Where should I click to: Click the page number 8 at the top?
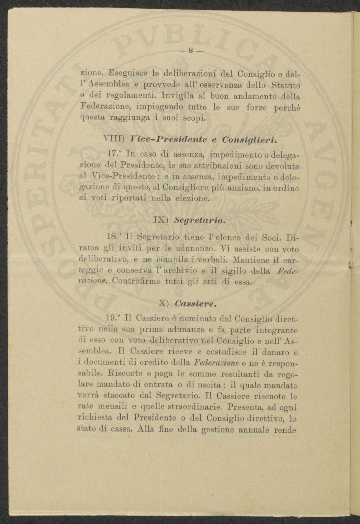[191, 51]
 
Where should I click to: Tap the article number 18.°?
[113, 237]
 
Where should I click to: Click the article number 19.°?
[114, 318]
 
